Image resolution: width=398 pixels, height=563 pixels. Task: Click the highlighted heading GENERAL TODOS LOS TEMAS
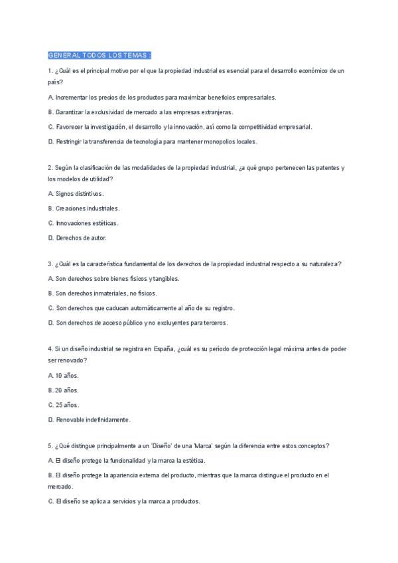(x=100, y=54)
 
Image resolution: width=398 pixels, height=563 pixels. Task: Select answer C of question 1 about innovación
(x=180, y=126)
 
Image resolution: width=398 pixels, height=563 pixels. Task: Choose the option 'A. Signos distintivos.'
(x=76, y=193)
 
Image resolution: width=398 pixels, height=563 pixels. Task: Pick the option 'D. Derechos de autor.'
(x=77, y=237)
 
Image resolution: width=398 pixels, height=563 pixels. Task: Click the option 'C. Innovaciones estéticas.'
(x=84, y=222)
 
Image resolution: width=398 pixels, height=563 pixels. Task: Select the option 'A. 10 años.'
(x=63, y=375)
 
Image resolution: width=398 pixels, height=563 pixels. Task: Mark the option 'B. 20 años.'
(x=63, y=390)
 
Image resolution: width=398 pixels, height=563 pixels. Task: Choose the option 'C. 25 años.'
(x=64, y=404)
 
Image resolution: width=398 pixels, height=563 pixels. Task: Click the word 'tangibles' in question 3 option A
(x=165, y=278)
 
